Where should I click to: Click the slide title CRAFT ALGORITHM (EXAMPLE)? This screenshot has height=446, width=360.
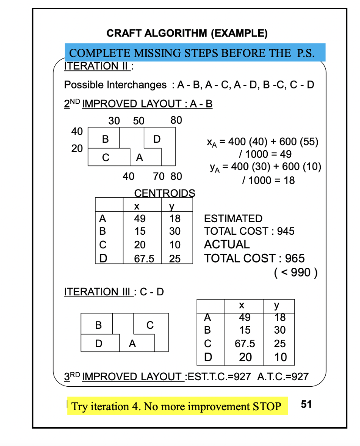click(x=187, y=33)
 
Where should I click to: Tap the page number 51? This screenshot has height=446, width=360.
click(x=306, y=405)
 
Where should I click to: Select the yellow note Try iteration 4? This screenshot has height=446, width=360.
click(x=177, y=407)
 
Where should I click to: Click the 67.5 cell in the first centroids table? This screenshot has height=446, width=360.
click(x=144, y=259)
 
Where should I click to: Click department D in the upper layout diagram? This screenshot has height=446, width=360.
click(x=157, y=139)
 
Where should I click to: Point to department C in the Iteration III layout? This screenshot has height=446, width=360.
click(x=150, y=325)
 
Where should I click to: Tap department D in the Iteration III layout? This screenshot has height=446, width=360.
click(x=99, y=344)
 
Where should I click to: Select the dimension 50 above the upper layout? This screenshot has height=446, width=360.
click(x=139, y=121)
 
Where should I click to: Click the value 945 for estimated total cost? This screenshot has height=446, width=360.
click(x=286, y=231)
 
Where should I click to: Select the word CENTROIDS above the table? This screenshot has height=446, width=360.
click(x=165, y=193)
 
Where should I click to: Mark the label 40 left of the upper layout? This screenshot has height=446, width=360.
click(x=77, y=131)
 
